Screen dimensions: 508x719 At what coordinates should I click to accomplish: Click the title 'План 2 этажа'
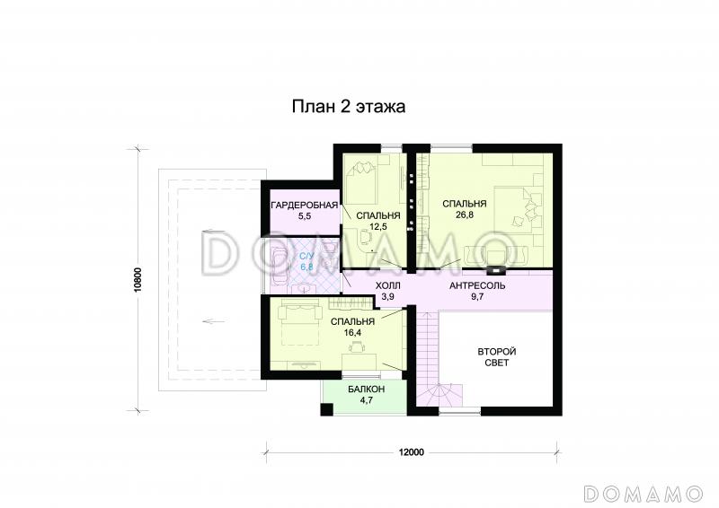pos(349,107)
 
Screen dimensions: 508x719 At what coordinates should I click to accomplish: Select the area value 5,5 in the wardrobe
pos(304,217)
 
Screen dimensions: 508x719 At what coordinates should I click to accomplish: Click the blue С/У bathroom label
pos(306,256)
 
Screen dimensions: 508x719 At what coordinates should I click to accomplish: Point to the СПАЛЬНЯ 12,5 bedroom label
pos(377,215)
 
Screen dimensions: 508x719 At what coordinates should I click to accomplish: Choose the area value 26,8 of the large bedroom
pos(465,215)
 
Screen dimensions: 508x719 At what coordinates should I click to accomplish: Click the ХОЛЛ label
pos(388,285)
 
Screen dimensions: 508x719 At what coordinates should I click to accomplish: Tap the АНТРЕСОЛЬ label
pos(476,285)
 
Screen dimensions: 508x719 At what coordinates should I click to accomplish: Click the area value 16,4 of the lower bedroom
pos(351,333)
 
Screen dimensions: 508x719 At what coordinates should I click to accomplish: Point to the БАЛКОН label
pos(366,389)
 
